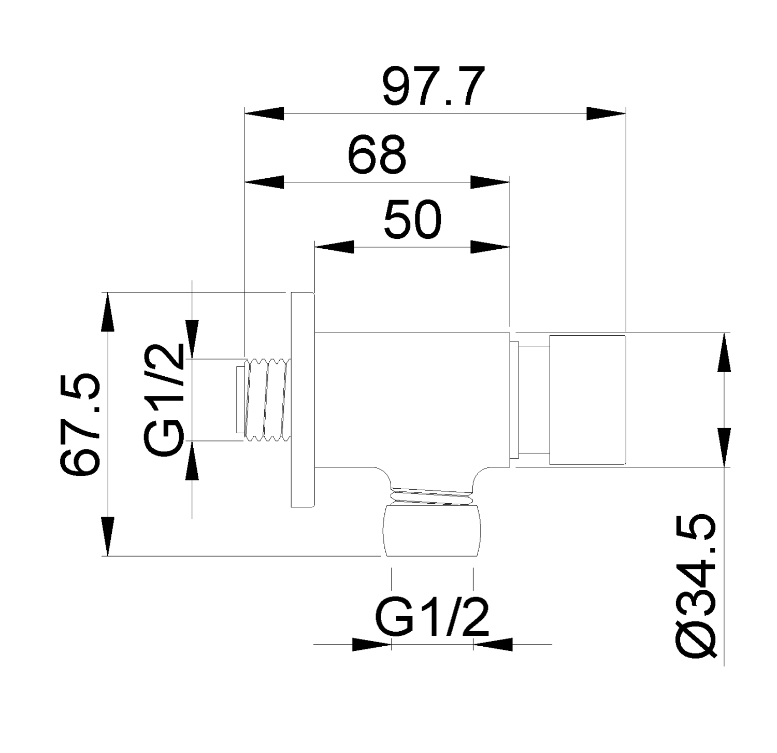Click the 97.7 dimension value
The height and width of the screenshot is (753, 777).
(x=434, y=86)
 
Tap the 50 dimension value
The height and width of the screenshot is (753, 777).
(x=413, y=220)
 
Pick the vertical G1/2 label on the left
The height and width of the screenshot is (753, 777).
(x=164, y=399)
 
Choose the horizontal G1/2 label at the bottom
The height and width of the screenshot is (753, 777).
(x=431, y=618)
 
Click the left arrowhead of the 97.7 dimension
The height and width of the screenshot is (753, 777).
(x=264, y=113)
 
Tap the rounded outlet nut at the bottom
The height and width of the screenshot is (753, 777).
(x=431, y=531)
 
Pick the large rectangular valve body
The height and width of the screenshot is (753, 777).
(x=412, y=399)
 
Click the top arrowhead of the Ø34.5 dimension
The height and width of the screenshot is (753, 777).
(x=724, y=352)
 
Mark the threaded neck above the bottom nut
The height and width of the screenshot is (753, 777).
(x=431, y=495)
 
